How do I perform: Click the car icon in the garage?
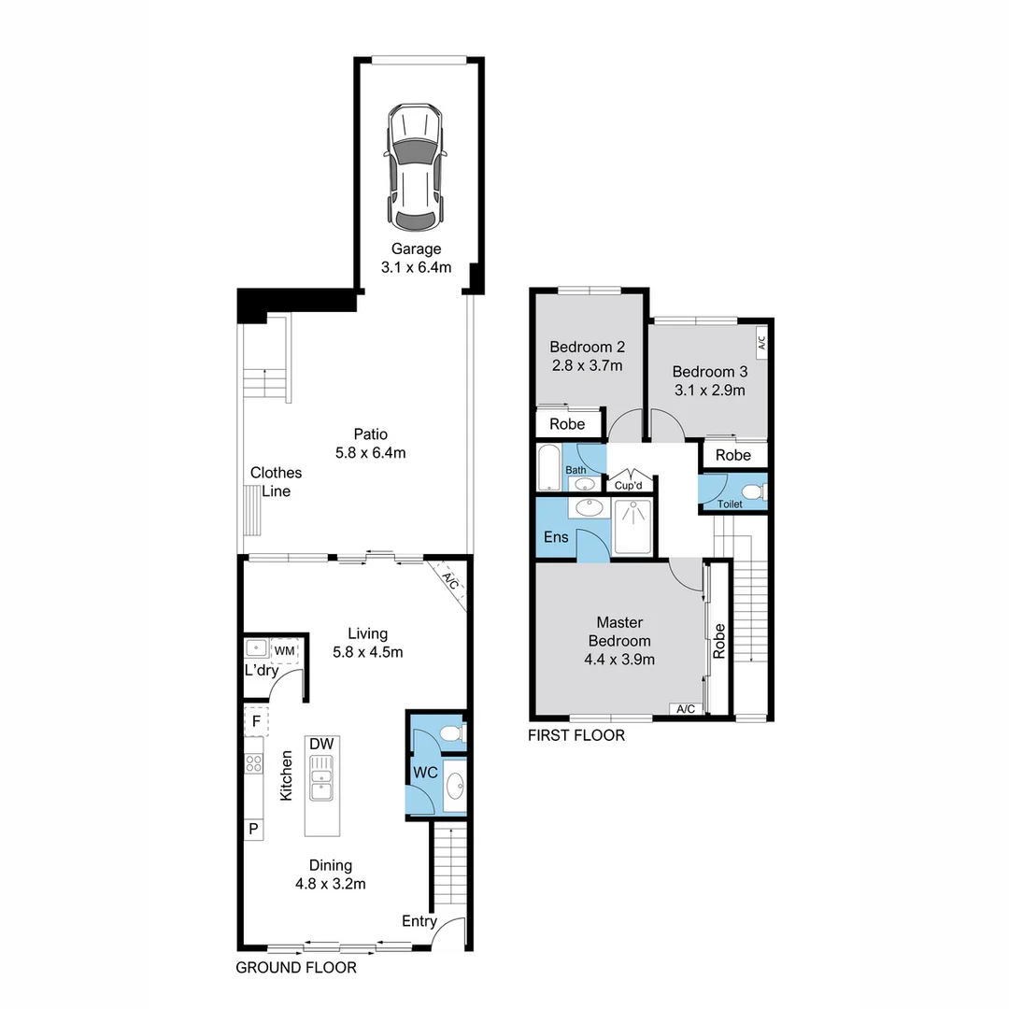[416, 168]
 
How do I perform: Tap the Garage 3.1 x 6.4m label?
[416, 259]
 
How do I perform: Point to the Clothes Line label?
[276, 482]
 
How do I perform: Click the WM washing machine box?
[284, 649]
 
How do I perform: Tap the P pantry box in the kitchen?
[253, 829]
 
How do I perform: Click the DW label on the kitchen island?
[321, 744]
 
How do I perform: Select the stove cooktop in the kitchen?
[253, 763]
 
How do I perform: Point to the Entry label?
[419, 921]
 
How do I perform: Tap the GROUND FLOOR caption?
[295, 968]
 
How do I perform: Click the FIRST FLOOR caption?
[576, 735]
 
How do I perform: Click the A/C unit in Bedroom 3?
[761, 343]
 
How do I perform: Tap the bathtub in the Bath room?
[549, 467]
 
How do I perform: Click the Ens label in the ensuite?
[556, 537]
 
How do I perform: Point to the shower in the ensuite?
[635, 528]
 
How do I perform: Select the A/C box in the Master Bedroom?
[685, 709]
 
